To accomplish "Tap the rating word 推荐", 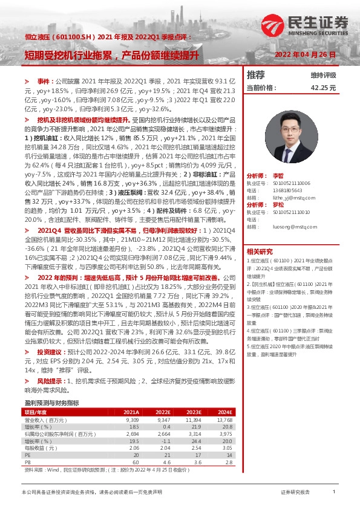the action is coord(256,75).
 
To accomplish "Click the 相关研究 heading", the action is coord(260,251).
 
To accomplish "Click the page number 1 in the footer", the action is coord(333,493).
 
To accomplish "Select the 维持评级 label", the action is coord(323,75).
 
